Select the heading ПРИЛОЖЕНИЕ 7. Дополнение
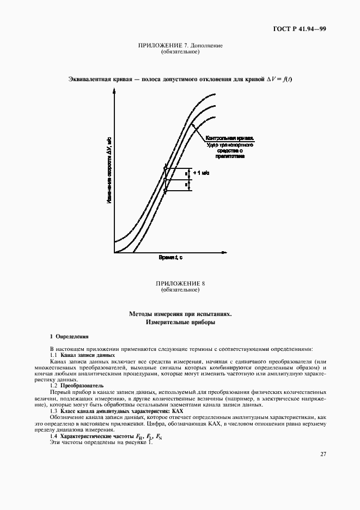tap(180, 46)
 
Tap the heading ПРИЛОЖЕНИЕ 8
tap(180, 284)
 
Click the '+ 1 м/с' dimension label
tap(201, 173)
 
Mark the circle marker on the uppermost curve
tap(166, 168)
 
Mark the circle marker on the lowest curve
tap(166, 190)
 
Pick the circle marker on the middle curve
tap(166, 179)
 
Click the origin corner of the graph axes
tap(114, 253)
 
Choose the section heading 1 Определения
tap(69, 337)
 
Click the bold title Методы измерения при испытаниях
tap(180, 314)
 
